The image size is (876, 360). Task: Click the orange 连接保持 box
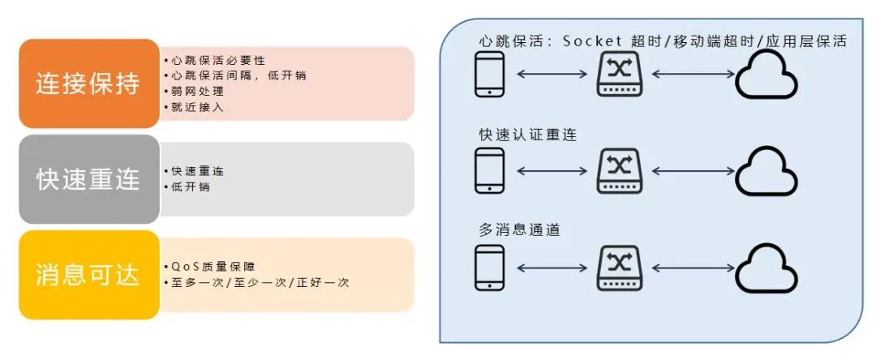click(88, 84)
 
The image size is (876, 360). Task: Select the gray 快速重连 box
click(88, 179)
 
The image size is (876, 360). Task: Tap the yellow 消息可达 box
click(88, 275)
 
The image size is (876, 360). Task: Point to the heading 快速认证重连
click(528, 135)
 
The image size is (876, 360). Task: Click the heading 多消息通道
click(520, 230)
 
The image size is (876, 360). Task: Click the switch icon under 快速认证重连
click(619, 170)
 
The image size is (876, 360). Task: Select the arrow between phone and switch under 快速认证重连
click(552, 171)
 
